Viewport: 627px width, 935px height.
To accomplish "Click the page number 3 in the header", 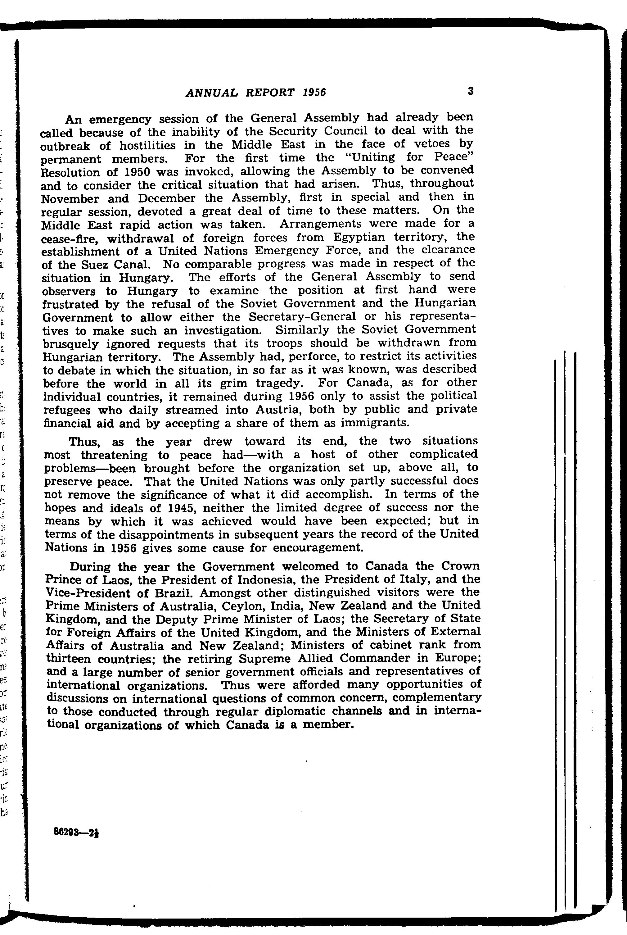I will coord(471,91).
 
